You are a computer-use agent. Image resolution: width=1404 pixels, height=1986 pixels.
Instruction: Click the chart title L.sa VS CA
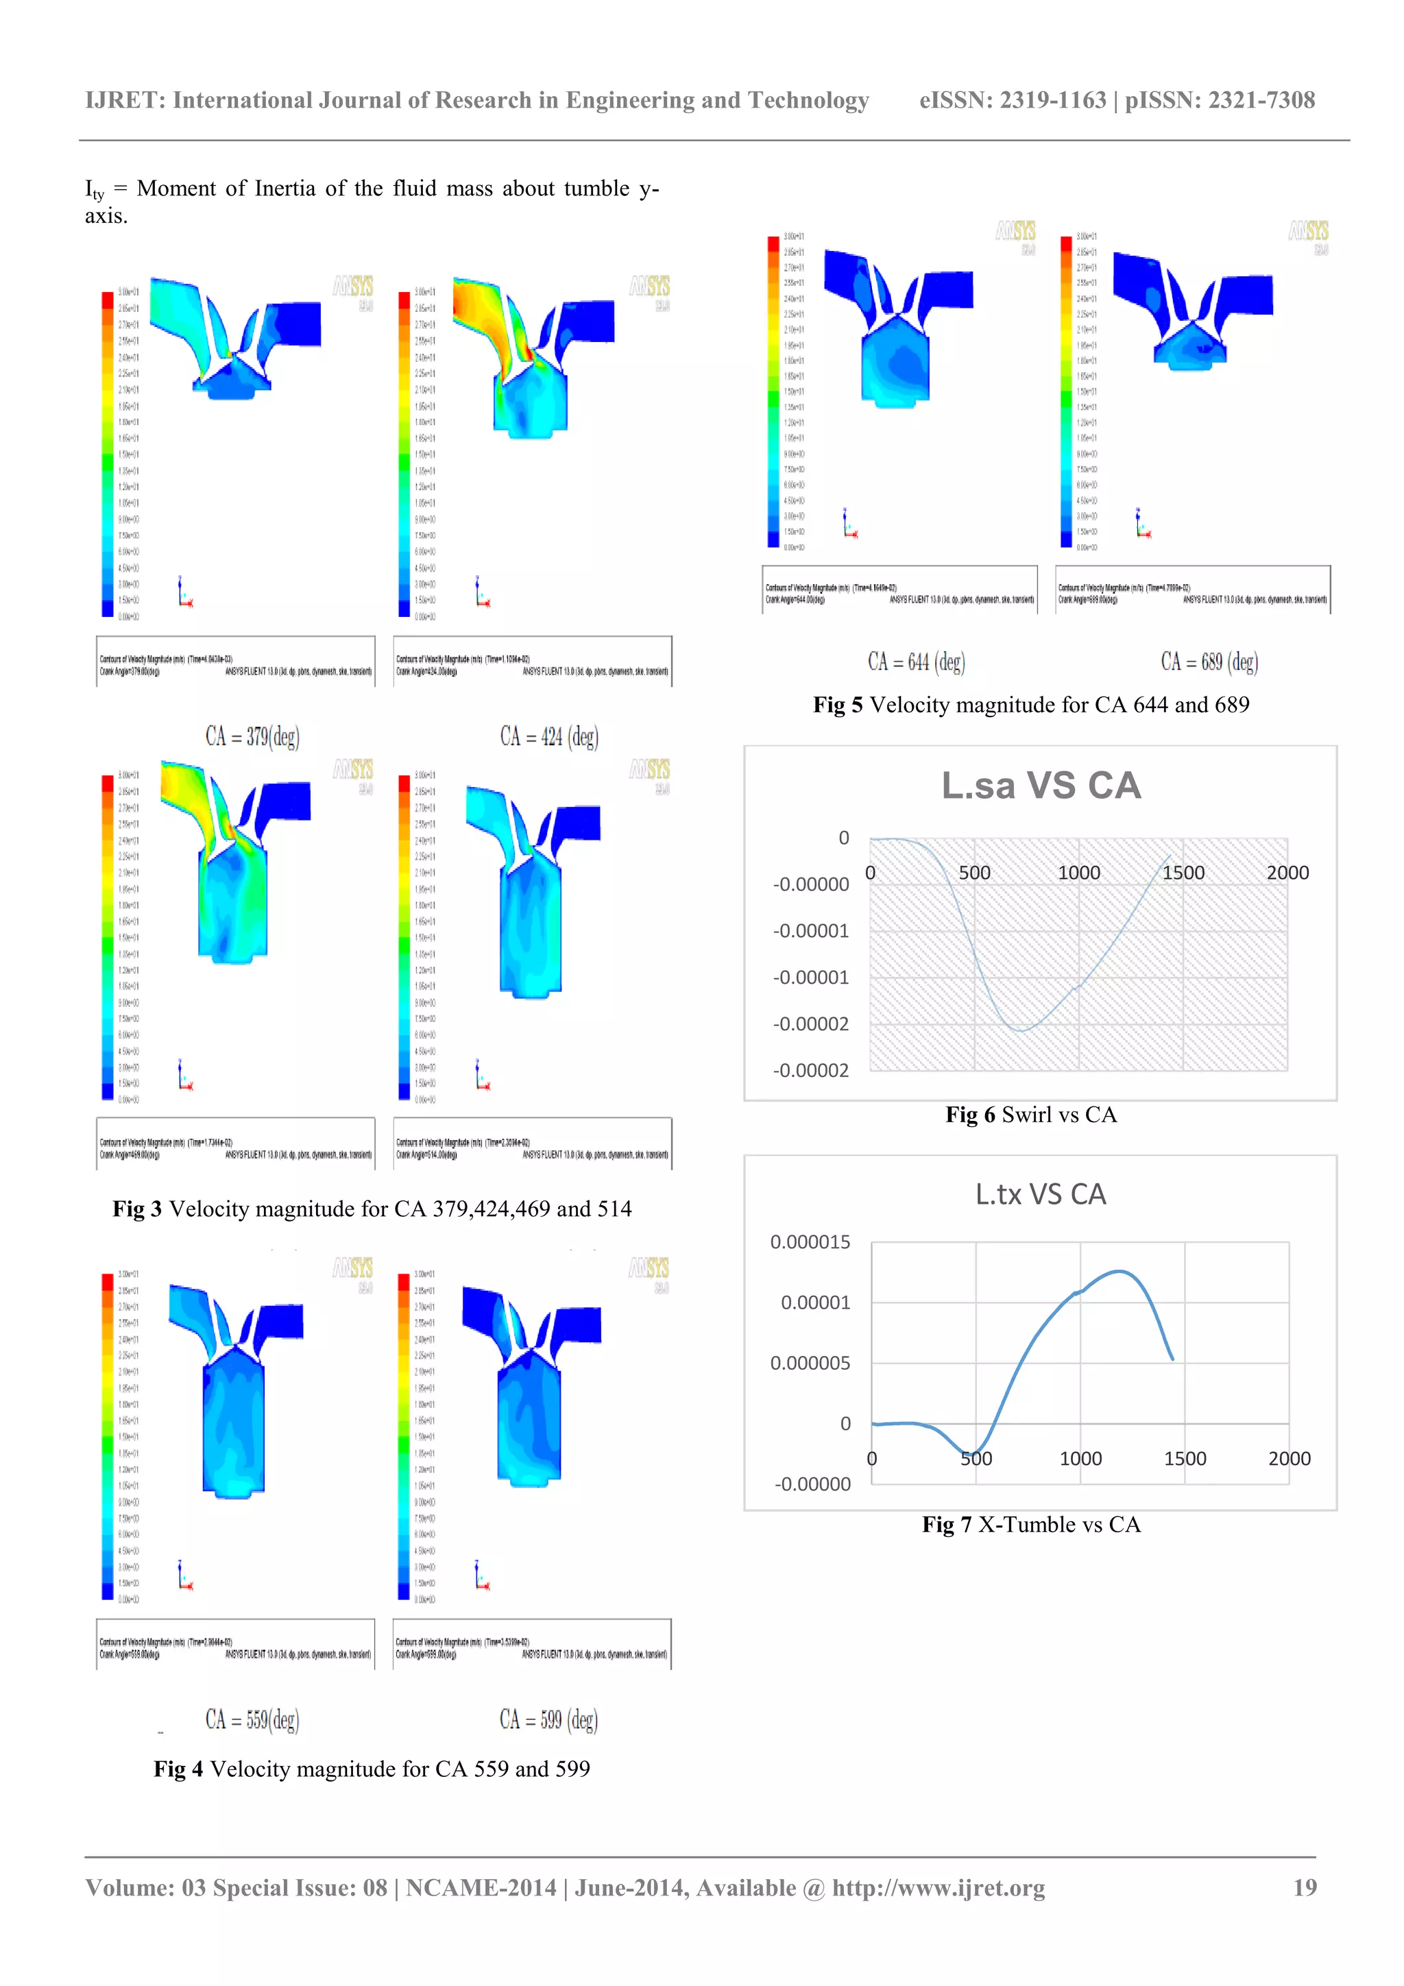[x=1041, y=786]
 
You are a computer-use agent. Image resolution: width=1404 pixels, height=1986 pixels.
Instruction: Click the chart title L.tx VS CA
[x=1041, y=1194]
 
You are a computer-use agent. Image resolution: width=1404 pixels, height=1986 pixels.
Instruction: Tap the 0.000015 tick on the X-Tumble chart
[x=810, y=1242]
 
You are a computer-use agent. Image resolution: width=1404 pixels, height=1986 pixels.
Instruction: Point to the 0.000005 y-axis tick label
[x=810, y=1364]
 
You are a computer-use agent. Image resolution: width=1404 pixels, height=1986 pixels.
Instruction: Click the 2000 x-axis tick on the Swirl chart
[x=1287, y=873]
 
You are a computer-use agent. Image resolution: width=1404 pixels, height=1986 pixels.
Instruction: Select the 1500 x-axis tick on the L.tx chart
[x=1184, y=1458]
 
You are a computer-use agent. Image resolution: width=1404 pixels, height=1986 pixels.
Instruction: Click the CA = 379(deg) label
[x=252, y=736]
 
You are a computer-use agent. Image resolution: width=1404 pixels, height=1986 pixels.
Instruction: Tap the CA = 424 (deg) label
[x=548, y=736]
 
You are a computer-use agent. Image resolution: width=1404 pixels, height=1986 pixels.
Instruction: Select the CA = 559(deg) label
[x=252, y=1719]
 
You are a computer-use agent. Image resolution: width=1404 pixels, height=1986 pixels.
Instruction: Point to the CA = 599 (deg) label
[x=548, y=1719]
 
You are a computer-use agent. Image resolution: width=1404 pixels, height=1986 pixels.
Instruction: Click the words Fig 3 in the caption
[x=136, y=1209]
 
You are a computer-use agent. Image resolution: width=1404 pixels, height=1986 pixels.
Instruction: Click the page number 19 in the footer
[x=1305, y=1887]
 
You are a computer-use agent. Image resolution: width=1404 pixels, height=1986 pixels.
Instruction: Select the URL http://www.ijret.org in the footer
[x=938, y=1887]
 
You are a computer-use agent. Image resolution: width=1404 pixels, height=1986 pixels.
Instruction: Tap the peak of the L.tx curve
[x=1120, y=1271]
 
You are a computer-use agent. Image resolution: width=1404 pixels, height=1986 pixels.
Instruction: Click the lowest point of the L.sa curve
[x=1021, y=1030]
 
